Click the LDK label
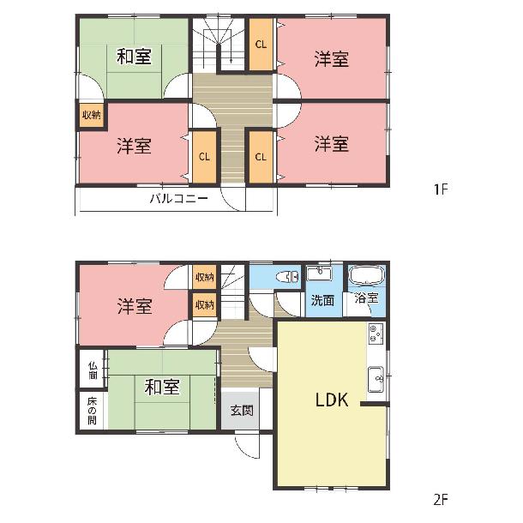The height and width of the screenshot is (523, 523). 332,400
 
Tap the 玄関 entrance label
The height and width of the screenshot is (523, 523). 242,411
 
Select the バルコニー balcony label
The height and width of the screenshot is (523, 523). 179,199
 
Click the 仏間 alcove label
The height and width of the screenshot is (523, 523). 93,370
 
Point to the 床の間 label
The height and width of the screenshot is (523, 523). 93,411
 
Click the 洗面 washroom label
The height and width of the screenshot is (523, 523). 322,300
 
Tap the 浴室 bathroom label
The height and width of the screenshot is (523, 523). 366,298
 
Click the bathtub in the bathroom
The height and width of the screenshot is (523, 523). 367,275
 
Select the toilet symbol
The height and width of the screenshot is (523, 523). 287,277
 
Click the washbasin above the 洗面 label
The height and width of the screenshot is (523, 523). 319,274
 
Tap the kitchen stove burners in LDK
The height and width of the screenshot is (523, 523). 376,334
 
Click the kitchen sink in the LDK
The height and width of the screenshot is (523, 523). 376,379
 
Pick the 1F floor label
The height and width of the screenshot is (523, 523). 441,189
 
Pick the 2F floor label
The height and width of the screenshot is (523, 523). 441,500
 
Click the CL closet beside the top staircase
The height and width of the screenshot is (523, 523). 261,44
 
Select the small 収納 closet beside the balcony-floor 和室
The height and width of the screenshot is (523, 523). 92,116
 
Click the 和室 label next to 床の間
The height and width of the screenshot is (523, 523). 162,387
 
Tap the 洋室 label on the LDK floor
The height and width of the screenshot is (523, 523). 135,306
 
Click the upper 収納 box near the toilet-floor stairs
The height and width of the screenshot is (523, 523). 204,277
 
